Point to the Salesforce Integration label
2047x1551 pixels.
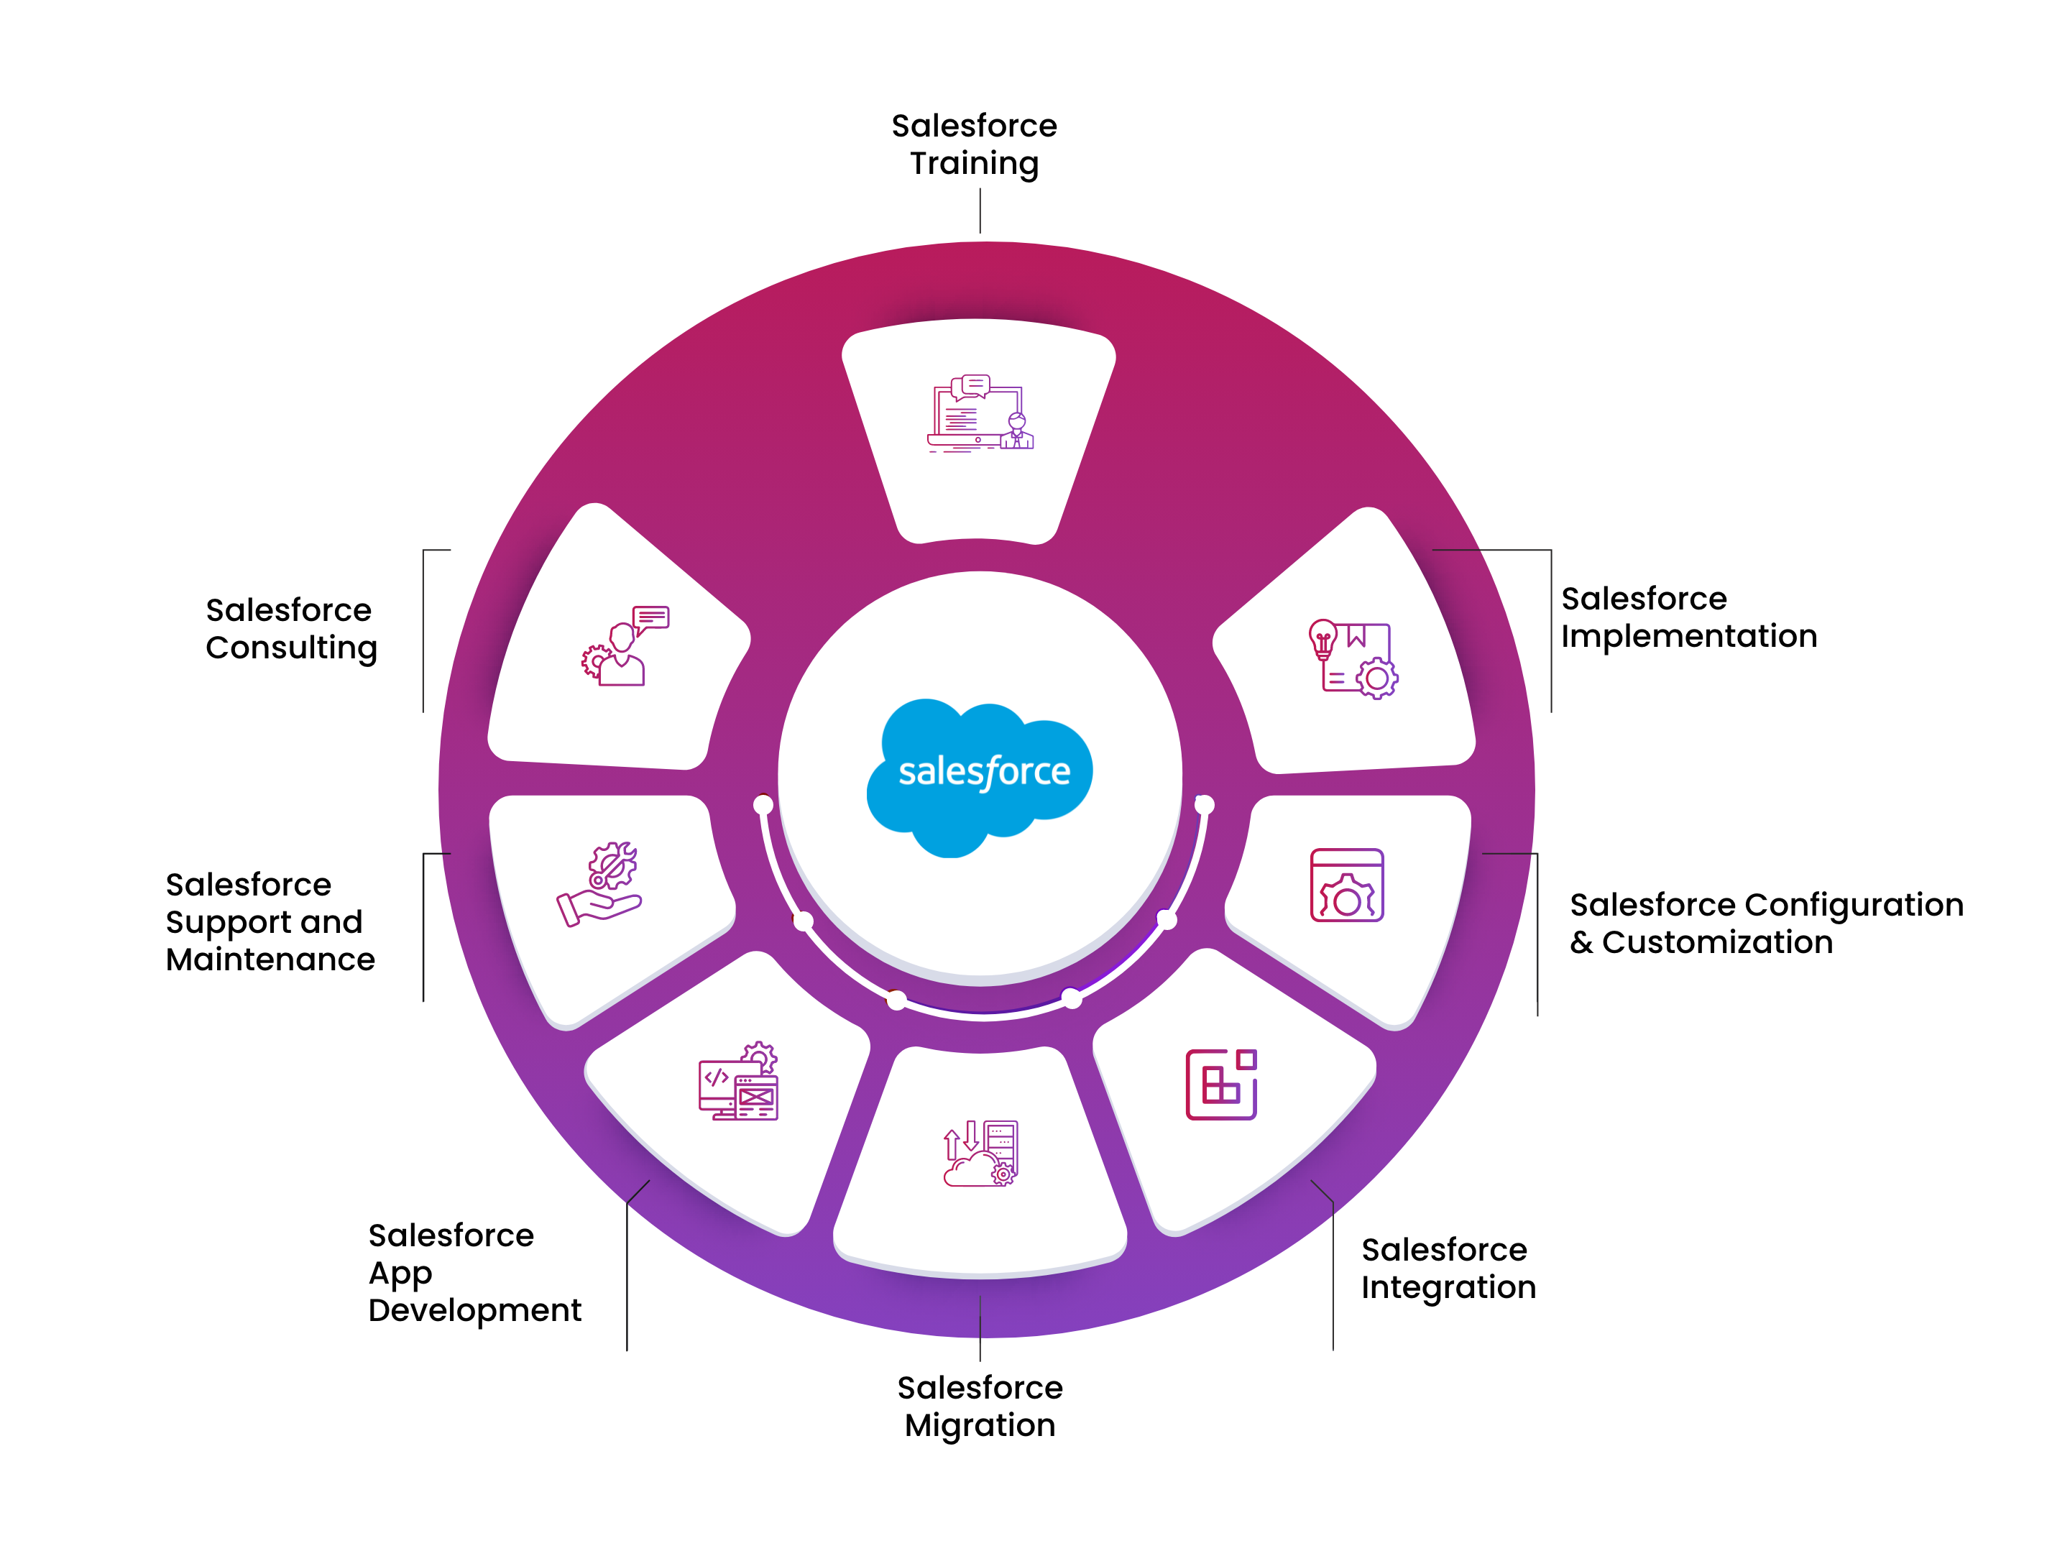1448,1268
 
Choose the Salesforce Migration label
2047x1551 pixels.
979,1406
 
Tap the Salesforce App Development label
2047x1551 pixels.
474,1272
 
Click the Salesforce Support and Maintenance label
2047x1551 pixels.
270,921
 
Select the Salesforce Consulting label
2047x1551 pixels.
290,628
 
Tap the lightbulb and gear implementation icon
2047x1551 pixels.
1352,659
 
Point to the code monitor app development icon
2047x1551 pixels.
737,1082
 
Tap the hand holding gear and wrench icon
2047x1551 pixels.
599,884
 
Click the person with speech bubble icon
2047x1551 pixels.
625,646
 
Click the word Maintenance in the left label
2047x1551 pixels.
270,959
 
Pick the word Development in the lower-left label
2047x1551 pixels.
474,1310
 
